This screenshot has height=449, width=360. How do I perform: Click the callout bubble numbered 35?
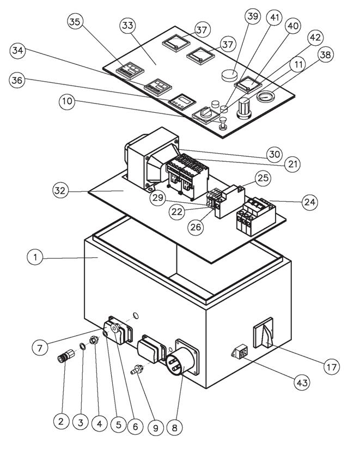click(x=75, y=22)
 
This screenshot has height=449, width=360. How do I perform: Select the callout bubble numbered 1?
click(x=35, y=257)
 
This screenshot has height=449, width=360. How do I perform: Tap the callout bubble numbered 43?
click(x=302, y=383)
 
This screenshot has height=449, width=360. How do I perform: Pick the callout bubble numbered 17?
click(x=332, y=366)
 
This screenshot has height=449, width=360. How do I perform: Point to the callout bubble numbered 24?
click(x=310, y=202)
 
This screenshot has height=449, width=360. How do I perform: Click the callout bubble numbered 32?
click(x=60, y=190)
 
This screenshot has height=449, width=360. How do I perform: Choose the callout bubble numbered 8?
click(x=174, y=428)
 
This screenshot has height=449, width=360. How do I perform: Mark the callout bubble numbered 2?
click(x=61, y=421)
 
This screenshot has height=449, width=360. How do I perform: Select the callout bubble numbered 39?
click(x=253, y=16)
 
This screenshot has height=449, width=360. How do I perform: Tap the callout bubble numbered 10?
click(x=67, y=101)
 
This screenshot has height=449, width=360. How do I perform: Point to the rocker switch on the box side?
click(x=263, y=333)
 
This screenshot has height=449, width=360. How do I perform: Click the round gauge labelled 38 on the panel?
click(x=266, y=96)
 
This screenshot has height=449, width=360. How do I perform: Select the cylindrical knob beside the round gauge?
click(x=245, y=108)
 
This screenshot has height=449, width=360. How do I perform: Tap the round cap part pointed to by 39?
click(x=229, y=75)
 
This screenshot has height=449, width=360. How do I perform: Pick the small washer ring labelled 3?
click(x=83, y=347)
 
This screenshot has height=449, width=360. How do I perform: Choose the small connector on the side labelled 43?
click(x=240, y=351)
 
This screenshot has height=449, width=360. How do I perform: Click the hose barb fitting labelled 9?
click(x=137, y=369)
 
